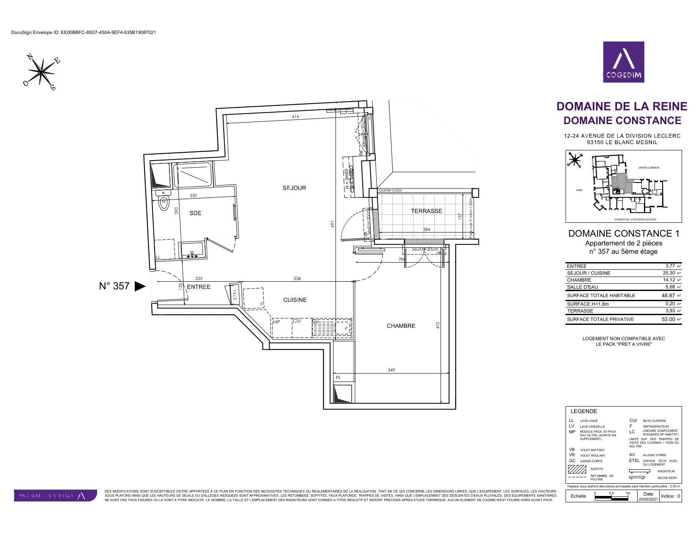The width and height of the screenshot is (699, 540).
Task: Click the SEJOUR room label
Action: tap(294, 188)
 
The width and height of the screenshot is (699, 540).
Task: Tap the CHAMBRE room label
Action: tap(401, 326)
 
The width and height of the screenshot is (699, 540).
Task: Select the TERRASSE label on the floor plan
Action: tap(426, 211)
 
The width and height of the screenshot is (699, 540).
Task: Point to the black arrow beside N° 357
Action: tap(140, 286)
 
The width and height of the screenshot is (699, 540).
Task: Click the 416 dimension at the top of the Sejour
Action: tap(295, 116)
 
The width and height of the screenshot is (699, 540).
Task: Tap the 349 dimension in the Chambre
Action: tap(391, 370)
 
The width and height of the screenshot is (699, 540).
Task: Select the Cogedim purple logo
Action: tap(624, 62)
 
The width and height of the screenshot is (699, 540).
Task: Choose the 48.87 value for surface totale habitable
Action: tap(668, 296)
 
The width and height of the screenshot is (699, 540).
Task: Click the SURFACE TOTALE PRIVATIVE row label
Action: tap(600, 319)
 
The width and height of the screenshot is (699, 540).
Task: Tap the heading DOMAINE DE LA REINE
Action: tap(621, 106)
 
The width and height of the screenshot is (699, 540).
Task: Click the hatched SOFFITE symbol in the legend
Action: tap(577, 469)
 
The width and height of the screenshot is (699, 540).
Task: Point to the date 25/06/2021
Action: tap(648, 500)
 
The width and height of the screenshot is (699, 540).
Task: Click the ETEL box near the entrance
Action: tap(235, 294)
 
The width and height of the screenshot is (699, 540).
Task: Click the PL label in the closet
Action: tap(338, 377)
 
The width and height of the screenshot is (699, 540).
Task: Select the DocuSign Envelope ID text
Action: tap(83, 32)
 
